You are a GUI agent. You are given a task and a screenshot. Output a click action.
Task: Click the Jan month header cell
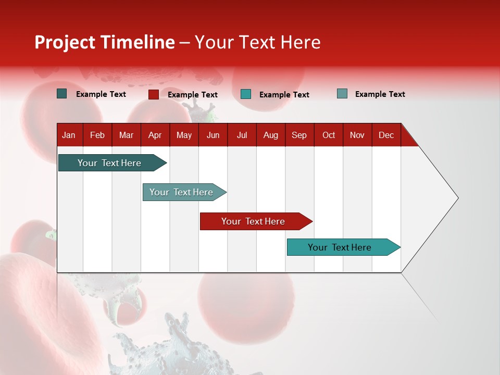click(x=69, y=135)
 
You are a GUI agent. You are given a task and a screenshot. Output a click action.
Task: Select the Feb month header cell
click(x=97, y=135)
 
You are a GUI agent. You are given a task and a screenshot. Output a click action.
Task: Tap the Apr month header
click(x=155, y=135)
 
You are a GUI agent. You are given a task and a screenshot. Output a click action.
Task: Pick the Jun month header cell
click(x=213, y=135)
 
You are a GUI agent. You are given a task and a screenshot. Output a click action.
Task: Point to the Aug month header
click(x=271, y=135)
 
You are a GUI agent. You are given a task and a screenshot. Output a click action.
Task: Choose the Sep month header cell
click(x=299, y=135)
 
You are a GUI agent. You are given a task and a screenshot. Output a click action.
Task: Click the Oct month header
click(x=329, y=135)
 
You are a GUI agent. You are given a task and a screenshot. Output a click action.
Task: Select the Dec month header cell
click(x=386, y=135)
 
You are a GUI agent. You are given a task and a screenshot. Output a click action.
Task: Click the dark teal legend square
click(x=62, y=94)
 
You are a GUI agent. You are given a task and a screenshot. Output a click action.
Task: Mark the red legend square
click(x=154, y=94)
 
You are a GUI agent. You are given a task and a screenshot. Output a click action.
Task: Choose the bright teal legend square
click(x=246, y=94)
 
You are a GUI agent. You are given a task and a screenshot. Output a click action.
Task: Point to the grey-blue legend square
click(x=342, y=94)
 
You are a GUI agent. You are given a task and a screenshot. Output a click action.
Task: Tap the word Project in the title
click(x=65, y=42)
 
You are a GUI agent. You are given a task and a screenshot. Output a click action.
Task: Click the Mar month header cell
click(x=126, y=135)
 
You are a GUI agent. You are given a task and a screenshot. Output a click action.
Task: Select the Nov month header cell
click(x=357, y=135)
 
